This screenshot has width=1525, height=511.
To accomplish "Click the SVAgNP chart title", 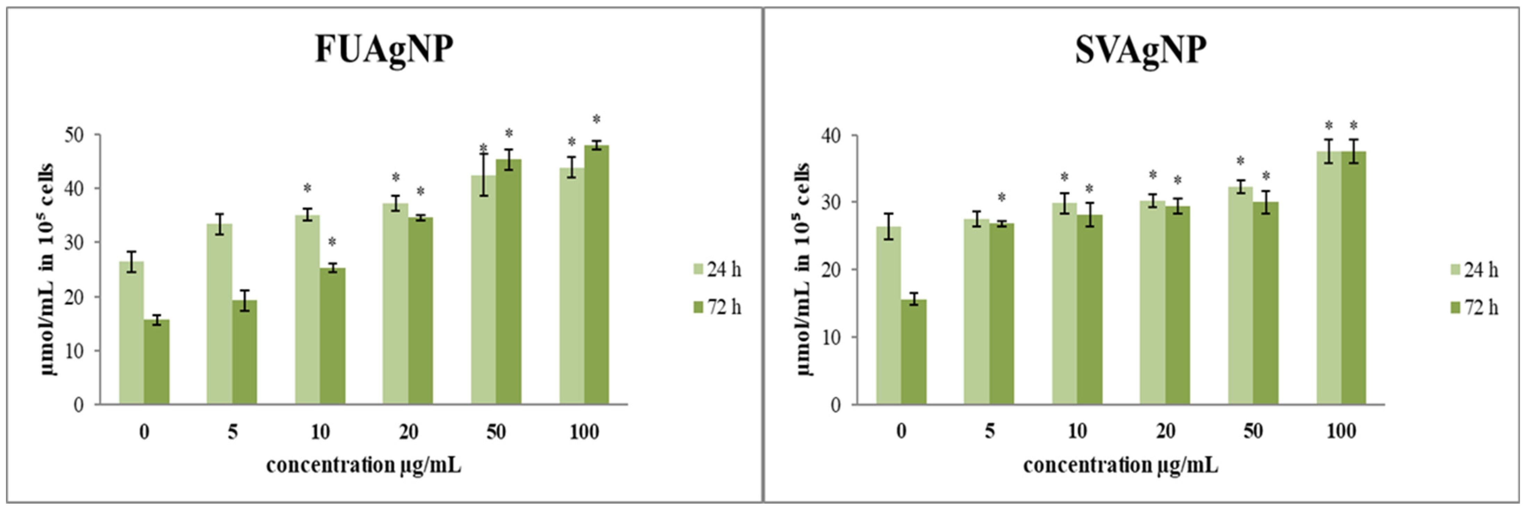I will coord(1141,50).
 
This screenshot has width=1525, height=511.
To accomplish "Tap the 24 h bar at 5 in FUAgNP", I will coord(220,314).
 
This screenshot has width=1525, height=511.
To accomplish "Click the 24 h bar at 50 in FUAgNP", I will coord(484,290).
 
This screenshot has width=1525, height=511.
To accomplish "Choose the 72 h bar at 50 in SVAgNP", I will coord(1266,303).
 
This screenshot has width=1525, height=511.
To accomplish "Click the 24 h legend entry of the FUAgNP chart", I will coord(717,270).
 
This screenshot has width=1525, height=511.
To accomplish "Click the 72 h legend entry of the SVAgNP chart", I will coord(1475,308).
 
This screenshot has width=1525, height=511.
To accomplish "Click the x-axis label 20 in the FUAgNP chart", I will coord(408,432).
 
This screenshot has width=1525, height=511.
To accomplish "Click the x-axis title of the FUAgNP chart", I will coord(364,465).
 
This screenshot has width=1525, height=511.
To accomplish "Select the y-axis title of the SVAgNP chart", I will coord(804,270).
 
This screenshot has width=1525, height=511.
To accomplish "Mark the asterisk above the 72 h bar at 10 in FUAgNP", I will coord(332,241).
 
